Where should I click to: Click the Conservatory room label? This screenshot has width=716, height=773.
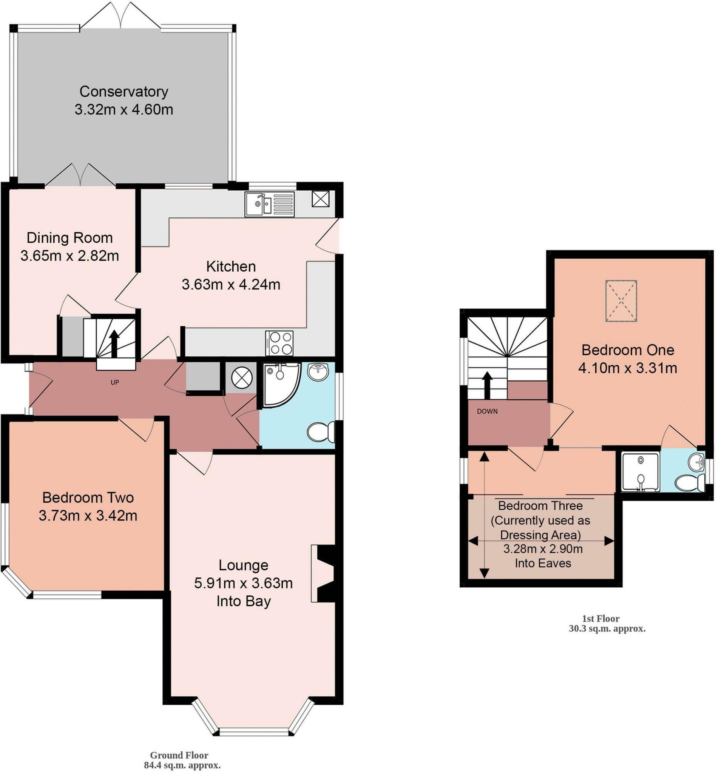(123, 92)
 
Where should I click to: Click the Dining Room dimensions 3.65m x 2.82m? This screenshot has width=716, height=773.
(70, 256)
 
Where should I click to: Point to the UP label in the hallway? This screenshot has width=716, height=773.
(115, 382)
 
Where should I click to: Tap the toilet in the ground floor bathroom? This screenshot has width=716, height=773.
(321, 432)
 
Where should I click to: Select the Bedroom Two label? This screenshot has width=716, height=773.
(88, 497)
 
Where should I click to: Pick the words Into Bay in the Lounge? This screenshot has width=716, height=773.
(243, 601)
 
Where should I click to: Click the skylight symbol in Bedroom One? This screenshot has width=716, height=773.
(621, 301)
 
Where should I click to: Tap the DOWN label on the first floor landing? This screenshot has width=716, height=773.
(487, 411)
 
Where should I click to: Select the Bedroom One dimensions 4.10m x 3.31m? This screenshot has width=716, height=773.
(628, 368)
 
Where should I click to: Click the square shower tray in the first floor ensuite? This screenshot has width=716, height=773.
(640, 472)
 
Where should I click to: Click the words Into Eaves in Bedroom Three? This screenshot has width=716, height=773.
(543, 563)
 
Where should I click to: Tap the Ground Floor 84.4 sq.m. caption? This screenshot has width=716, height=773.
(182, 760)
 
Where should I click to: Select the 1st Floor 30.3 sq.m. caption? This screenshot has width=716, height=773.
(607, 624)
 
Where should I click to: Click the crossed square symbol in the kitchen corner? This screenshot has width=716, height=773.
(320, 199)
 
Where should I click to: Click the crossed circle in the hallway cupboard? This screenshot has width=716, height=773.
(242, 377)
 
